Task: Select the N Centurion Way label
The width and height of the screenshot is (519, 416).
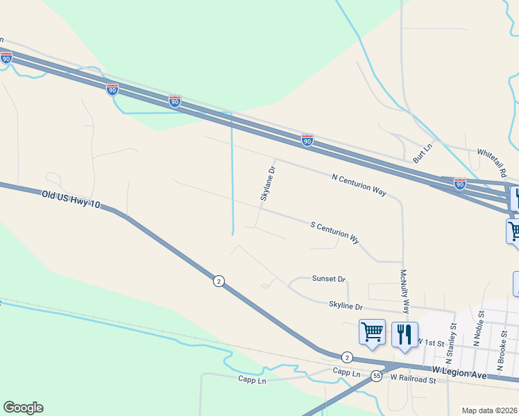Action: (x=359, y=185)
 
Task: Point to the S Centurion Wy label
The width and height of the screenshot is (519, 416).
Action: (x=335, y=232)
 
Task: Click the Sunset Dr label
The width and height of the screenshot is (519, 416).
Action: (x=329, y=279)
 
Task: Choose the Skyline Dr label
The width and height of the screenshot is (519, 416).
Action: (x=346, y=306)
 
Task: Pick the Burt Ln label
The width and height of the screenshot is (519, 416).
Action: (x=423, y=154)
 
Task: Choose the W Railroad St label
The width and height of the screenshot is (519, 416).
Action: (x=412, y=379)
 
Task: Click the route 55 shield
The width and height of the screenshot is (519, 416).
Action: (x=376, y=375)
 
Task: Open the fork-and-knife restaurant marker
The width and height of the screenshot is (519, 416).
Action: (x=405, y=334)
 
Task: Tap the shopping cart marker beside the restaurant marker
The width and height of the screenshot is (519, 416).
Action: (x=373, y=333)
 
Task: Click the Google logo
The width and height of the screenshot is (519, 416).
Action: (x=23, y=408)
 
